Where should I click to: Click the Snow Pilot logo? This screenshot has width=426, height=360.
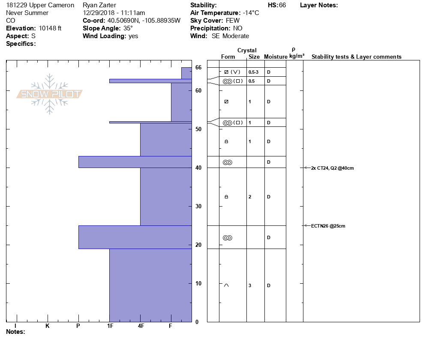click(50, 94)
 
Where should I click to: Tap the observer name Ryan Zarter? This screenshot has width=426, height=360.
click(99, 5)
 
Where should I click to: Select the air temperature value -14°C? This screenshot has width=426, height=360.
click(251, 13)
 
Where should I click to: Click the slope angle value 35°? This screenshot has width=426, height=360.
click(128, 28)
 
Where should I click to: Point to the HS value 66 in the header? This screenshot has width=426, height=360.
click(282, 5)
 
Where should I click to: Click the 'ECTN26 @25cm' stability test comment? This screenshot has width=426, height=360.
click(328, 226)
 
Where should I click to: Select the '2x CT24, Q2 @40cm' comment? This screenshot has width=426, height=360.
click(333, 168)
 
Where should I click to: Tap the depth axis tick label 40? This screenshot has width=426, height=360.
click(198, 168)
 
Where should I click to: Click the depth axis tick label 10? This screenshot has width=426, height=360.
click(198, 283)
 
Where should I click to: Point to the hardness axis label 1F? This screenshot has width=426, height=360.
click(110, 326)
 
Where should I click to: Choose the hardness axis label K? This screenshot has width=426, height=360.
click(48, 326)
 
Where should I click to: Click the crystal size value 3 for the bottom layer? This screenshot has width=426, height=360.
click(250, 285)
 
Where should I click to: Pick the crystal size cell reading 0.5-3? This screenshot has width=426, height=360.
click(253, 72)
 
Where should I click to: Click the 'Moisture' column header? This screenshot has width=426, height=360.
click(276, 57)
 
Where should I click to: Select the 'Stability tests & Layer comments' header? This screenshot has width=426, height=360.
click(356, 57)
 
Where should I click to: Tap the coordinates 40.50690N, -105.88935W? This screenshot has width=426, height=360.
click(144, 21)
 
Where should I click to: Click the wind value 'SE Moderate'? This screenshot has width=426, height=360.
click(230, 36)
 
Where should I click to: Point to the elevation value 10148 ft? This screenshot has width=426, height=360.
click(50, 28)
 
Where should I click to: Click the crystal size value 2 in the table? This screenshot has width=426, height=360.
click(250, 197)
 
